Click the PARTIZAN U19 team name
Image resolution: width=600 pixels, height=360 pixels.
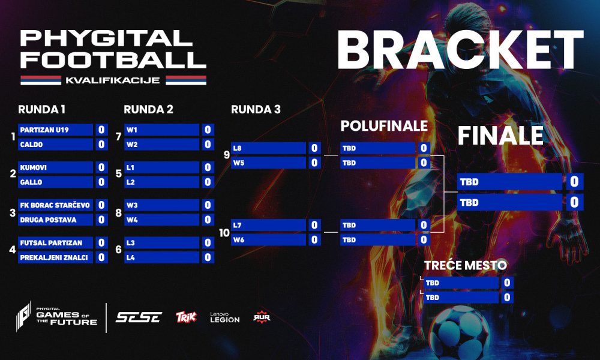click(44, 130)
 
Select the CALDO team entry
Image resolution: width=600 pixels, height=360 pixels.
click(31, 145)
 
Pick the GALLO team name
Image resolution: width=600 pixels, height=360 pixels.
click(31, 182)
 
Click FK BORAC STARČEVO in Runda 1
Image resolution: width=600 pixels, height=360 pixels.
click(55, 205)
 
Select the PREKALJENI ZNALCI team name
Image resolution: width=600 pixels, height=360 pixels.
click(54, 257)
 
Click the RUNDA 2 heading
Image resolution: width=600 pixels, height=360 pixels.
click(148, 109)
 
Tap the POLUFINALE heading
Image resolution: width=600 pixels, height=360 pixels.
click(384, 126)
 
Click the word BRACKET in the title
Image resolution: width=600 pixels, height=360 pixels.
click(460, 50)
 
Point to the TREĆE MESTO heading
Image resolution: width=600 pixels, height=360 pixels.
click(466, 265)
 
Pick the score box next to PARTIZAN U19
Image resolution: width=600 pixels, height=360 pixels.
click(101, 130)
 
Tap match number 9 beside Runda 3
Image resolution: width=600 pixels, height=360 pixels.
click(227, 155)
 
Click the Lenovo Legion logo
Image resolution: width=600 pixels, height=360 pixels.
click(224, 317)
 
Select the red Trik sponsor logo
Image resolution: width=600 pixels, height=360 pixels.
click(187, 317)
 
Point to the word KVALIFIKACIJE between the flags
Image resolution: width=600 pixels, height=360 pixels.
click(113, 80)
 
